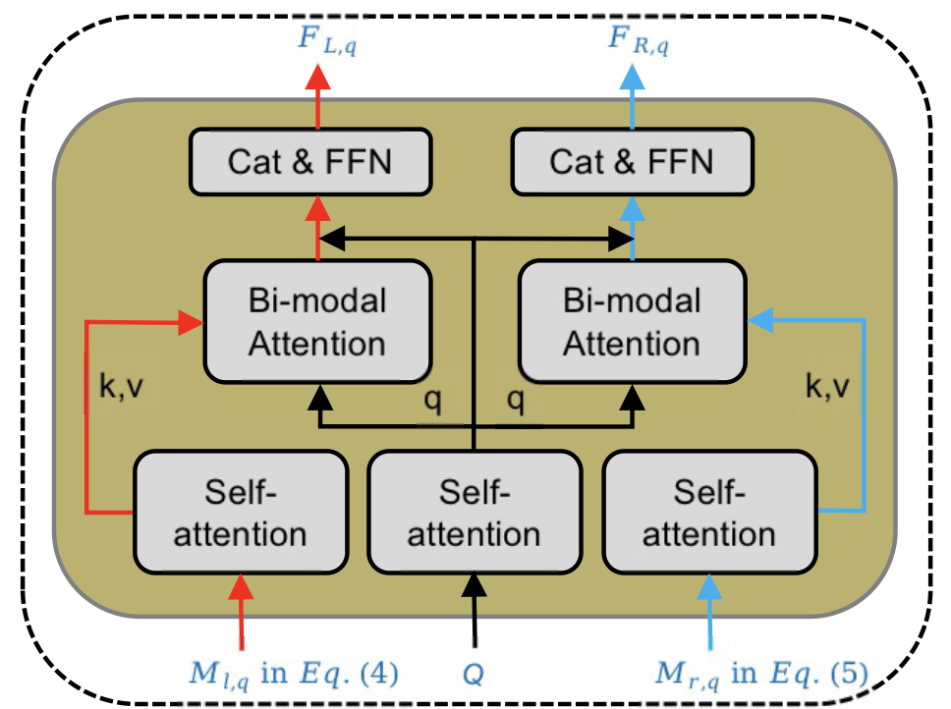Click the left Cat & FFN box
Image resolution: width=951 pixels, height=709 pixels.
pos(309,162)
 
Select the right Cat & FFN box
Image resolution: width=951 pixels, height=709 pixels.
pos(632,162)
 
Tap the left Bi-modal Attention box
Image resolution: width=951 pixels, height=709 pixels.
pos(317,321)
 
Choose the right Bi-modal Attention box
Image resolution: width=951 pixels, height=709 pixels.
pos(632,321)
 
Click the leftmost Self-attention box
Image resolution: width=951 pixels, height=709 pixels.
pos(242,512)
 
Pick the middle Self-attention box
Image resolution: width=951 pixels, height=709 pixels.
pos(475,512)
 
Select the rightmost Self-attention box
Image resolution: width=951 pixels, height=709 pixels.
pos(708,512)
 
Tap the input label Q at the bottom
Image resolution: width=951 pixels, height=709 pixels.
pos(475,675)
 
